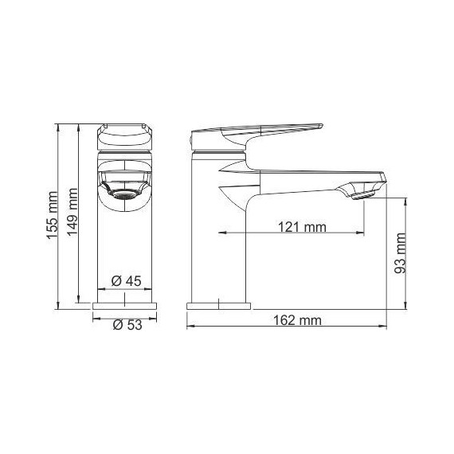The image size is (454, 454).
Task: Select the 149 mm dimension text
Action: [x=73, y=209]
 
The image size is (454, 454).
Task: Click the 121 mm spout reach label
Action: [x=302, y=226]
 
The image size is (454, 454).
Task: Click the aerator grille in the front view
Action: [x=123, y=193]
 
